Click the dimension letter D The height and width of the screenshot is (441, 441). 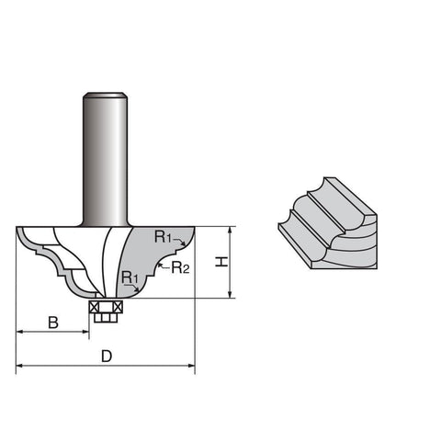point(107,356)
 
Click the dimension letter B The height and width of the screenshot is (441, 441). point(53,322)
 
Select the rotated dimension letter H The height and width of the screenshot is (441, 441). point(221,262)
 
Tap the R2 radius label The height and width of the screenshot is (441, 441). point(180,267)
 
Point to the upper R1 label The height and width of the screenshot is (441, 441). point(163,237)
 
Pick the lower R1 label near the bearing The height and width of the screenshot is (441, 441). point(130,277)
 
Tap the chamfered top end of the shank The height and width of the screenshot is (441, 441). point(105,95)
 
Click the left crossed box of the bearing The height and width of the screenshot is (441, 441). point(93,307)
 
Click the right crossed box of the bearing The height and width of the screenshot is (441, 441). point(118,307)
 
